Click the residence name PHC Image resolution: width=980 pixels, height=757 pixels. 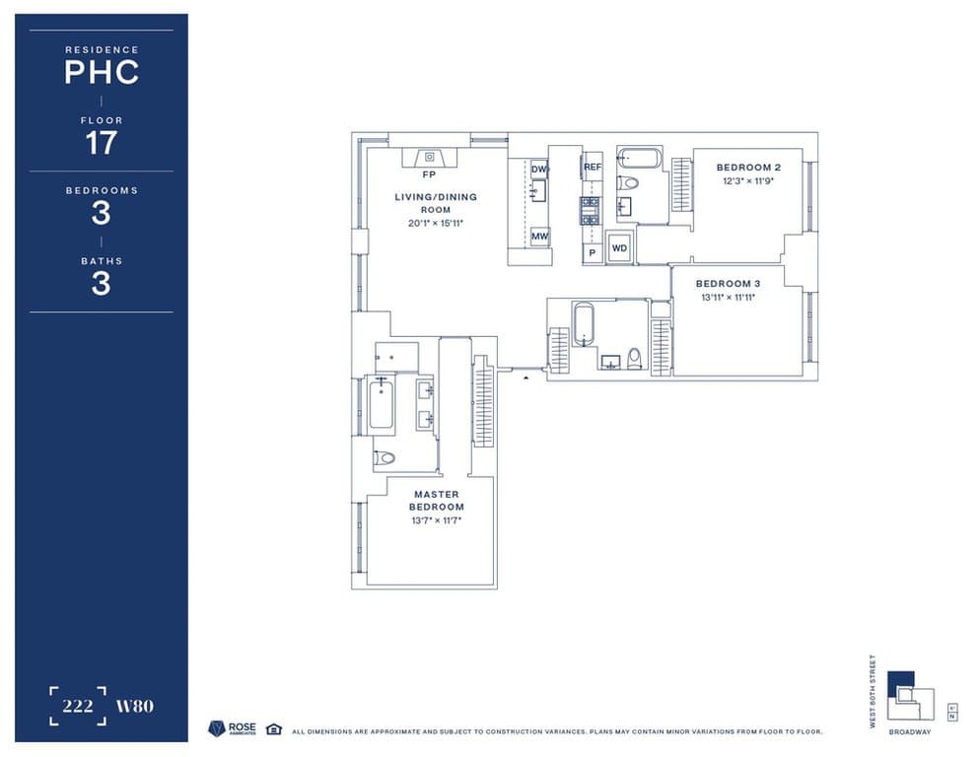(101, 72)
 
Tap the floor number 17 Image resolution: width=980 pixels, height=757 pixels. (101, 143)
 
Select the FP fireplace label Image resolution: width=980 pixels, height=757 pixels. (429, 174)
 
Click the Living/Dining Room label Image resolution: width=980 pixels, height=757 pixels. (435, 203)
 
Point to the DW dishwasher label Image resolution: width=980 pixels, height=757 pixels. (539, 170)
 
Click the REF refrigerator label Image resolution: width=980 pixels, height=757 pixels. (592, 168)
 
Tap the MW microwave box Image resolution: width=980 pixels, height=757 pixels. (539, 237)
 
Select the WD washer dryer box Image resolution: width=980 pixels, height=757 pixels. (619, 248)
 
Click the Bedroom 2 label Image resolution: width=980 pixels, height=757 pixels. (748, 168)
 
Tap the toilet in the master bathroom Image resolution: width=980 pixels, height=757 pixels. (385, 457)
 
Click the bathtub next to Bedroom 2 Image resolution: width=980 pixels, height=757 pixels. (639, 159)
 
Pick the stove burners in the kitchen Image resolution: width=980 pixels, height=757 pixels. (590, 211)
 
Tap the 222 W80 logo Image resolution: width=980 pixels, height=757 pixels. (101, 706)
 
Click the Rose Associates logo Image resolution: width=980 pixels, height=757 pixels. (231, 728)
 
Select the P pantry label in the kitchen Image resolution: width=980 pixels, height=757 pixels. (592, 252)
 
